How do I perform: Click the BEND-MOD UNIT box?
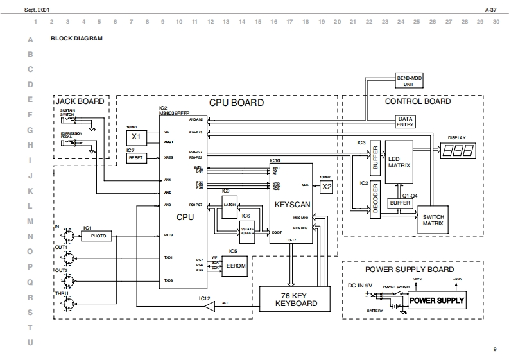click(x=409, y=80)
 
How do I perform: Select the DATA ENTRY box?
click(x=404, y=122)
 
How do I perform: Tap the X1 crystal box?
click(x=136, y=137)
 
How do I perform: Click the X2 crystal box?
click(x=327, y=187)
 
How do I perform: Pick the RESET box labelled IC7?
click(x=136, y=157)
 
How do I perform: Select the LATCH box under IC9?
click(x=229, y=205)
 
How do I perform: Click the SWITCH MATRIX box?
click(x=433, y=221)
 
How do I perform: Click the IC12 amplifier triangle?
click(x=209, y=307)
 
